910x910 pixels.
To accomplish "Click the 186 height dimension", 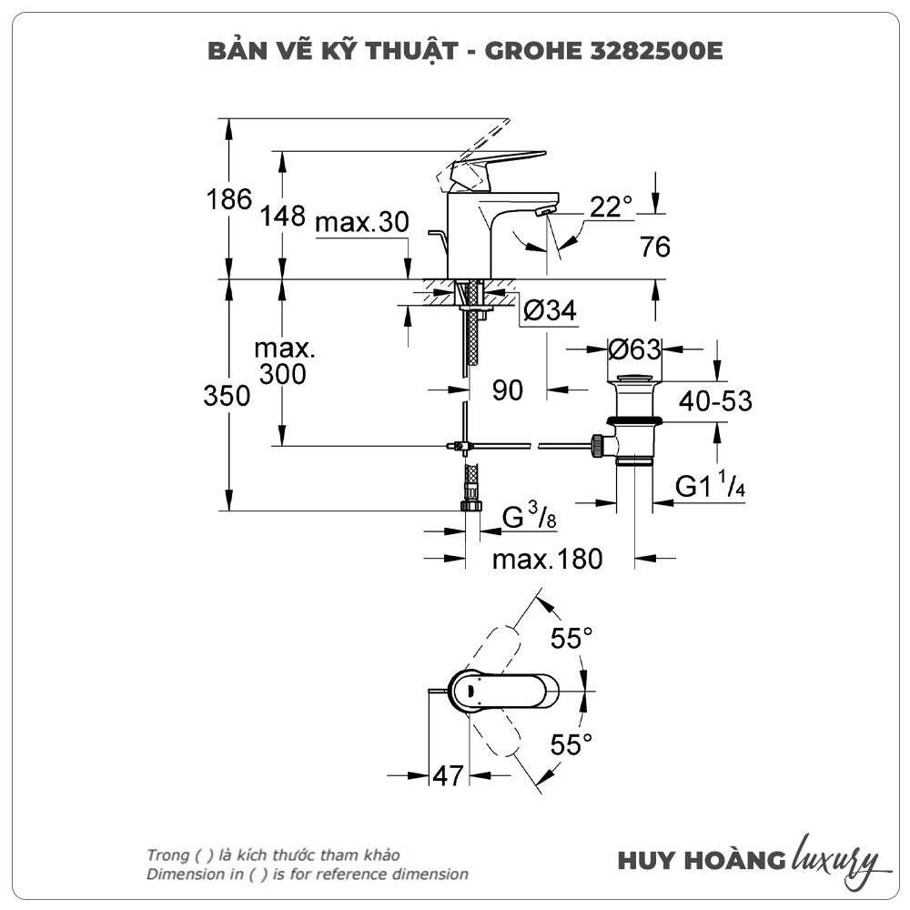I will [x=229, y=199].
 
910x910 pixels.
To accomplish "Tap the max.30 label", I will [x=362, y=222].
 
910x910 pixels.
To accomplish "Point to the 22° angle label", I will [x=611, y=207].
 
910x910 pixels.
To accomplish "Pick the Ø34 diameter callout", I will [x=550, y=311].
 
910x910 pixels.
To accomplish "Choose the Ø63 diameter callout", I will [x=634, y=349].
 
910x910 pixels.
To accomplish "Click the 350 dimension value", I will [x=227, y=397].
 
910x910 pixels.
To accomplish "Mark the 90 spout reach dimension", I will [x=508, y=390].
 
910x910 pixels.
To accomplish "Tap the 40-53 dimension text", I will [x=714, y=399].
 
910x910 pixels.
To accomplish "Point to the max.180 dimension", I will [x=547, y=559].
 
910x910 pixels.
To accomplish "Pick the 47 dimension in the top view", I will [x=448, y=775].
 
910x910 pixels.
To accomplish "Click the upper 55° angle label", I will [x=571, y=639].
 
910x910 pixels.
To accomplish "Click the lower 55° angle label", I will [x=571, y=745].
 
